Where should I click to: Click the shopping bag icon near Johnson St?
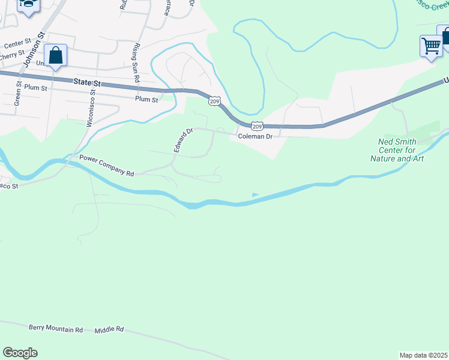[55, 56]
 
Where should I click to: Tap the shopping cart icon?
[431, 46]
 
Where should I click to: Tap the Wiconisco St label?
[92, 107]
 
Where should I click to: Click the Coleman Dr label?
[255, 137]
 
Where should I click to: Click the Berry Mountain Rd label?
[56, 329]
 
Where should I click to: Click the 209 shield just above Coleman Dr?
[257, 126]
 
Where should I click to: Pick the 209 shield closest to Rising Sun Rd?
[215, 101]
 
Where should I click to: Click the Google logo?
[20, 353]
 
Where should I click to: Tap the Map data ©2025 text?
[423, 355]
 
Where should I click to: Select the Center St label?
[17, 44]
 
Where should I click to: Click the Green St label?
[18, 94]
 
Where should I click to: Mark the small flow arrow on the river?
[256, 194]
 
